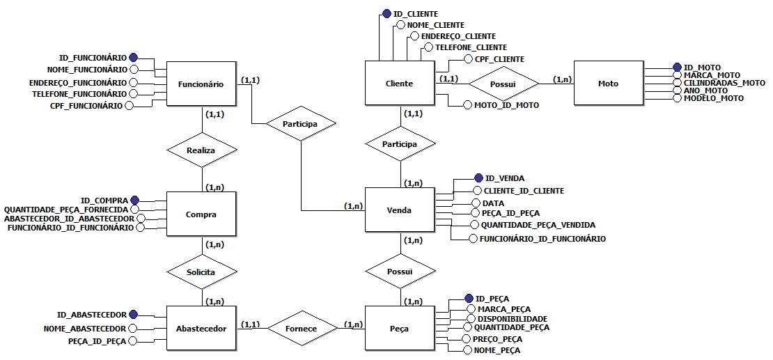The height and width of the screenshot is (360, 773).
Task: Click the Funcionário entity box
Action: [x=201, y=84]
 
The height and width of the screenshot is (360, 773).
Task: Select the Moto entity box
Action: [x=607, y=84]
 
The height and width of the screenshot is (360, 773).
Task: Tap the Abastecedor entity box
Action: [x=201, y=328]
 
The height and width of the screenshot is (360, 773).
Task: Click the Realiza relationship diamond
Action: [x=201, y=150]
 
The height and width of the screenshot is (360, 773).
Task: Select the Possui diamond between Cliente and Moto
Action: [x=503, y=84]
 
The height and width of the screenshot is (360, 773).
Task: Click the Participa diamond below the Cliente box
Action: [x=400, y=144]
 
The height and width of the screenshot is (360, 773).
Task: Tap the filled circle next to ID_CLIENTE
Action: [x=386, y=13]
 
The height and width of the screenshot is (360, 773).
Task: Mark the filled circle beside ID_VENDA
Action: [x=478, y=178]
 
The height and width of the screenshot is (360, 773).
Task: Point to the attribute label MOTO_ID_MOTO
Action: [x=506, y=105]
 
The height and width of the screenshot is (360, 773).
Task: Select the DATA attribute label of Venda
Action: [x=493, y=203]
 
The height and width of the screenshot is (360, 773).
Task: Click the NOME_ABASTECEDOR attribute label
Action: [x=84, y=328]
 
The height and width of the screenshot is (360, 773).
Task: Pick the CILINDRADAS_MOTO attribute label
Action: [x=724, y=83]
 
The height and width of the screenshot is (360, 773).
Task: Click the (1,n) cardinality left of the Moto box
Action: [x=563, y=79]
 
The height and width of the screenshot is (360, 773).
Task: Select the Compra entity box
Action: [x=201, y=214]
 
